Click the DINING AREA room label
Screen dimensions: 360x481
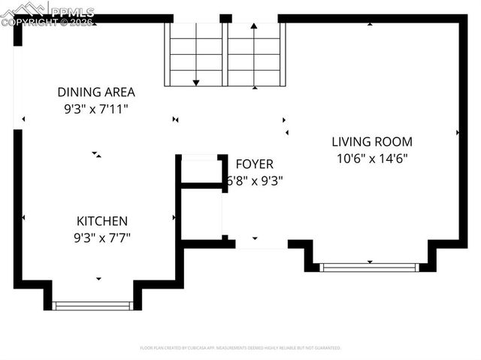96,92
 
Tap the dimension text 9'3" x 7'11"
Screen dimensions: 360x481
96,108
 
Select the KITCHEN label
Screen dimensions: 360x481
102,221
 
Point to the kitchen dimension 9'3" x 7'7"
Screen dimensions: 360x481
102,237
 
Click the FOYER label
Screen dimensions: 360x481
254,164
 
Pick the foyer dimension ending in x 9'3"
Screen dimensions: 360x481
256,180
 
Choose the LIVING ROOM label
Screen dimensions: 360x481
372,141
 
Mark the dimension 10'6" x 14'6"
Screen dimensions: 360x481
372,158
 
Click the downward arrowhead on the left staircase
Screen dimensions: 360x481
196,81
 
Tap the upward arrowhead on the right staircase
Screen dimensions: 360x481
255,27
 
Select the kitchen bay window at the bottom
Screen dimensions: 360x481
92,305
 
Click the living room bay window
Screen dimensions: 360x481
369,267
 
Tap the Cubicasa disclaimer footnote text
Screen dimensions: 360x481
240,348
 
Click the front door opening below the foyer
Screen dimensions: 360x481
261,244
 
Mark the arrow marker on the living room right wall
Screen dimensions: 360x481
458,132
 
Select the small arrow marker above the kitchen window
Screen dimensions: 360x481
98,279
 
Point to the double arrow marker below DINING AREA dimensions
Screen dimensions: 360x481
96,155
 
